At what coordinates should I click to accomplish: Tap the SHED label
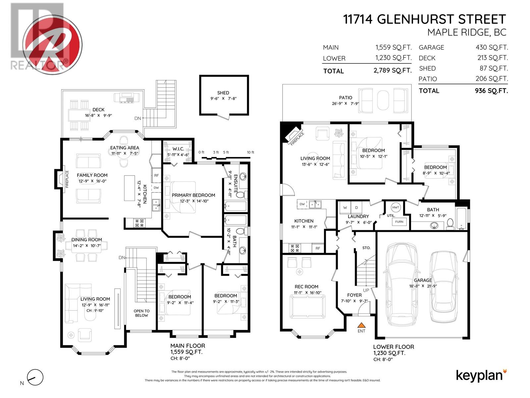click(223, 93)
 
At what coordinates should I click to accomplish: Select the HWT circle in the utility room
click(396, 207)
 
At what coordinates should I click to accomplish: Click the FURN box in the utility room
click(399, 222)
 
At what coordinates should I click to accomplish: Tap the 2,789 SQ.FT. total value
click(393, 71)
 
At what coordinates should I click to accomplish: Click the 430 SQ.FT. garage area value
click(492, 47)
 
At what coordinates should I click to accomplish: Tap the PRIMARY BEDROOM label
click(193, 195)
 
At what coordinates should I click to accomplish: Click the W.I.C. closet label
click(178, 149)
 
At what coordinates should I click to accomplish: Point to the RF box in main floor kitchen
click(156, 175)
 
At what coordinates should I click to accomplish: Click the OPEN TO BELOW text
click(141, 313)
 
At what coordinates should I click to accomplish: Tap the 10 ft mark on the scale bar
click(250, 153)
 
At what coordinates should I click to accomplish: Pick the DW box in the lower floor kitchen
click(302, 204)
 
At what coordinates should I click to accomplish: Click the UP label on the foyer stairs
click(366, 290)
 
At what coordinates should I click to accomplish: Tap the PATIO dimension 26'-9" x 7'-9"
click(345, 103)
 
